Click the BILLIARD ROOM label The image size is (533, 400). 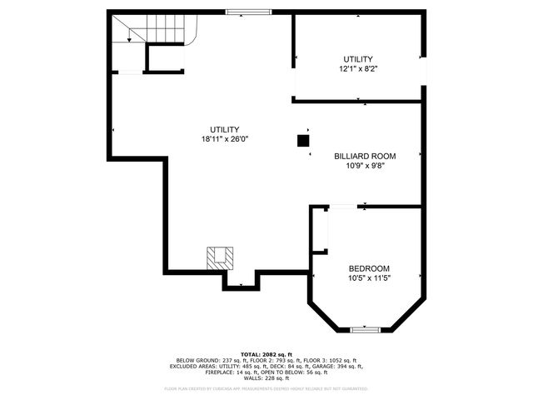[365, 156]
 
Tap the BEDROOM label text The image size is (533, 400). [369, 268]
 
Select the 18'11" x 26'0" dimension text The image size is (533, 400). [225, 139]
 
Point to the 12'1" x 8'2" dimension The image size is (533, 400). [359, 69]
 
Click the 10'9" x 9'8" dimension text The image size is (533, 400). [365, 166]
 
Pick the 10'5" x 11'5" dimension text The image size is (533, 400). [369, 278]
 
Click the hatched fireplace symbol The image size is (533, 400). [221, 257]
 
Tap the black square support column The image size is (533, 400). [302, 141]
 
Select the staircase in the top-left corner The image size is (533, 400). [153, 30]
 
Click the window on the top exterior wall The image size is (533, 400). [249, 12]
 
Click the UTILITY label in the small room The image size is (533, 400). [359, 59]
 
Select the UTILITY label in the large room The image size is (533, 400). [225, 129]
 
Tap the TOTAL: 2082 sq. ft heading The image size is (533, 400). [266, 353]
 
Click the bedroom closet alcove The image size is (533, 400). [320, 230]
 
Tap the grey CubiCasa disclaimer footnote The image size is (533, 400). [266, 388]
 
